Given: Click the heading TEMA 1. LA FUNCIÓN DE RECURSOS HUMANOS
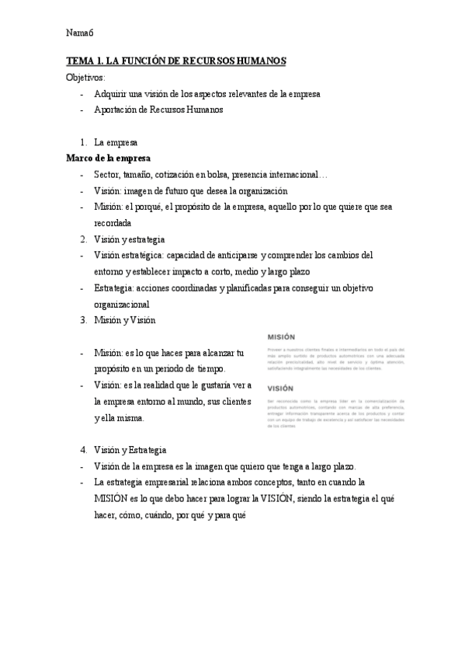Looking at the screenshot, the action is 176,61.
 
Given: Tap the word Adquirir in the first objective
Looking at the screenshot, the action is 111,94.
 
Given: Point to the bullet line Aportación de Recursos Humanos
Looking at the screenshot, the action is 158,110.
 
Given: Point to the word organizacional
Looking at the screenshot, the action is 121,305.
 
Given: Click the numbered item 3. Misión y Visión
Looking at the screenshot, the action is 124,320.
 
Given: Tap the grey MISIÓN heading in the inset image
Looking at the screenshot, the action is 281,337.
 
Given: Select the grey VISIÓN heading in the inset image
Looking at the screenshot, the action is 281,388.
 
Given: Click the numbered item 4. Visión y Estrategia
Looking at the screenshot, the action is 129,450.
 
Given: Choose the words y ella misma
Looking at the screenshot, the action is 119,419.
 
